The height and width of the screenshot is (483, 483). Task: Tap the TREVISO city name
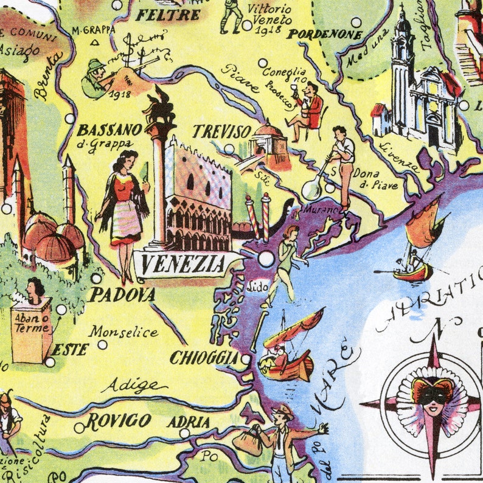tap(221, 132)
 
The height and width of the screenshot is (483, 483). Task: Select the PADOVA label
tap(122, 295)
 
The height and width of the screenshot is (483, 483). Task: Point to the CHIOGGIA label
tap(204, 358)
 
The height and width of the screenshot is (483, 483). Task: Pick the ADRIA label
tap(188, 422)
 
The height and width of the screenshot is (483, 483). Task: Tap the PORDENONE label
tap(324, 35)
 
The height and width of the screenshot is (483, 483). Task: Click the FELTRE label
tap(167, 15)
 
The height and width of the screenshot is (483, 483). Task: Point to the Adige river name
tap(134, 385)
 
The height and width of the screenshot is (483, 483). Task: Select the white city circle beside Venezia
tap(266, 259)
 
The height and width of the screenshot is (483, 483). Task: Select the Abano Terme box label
tap(31, 329)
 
